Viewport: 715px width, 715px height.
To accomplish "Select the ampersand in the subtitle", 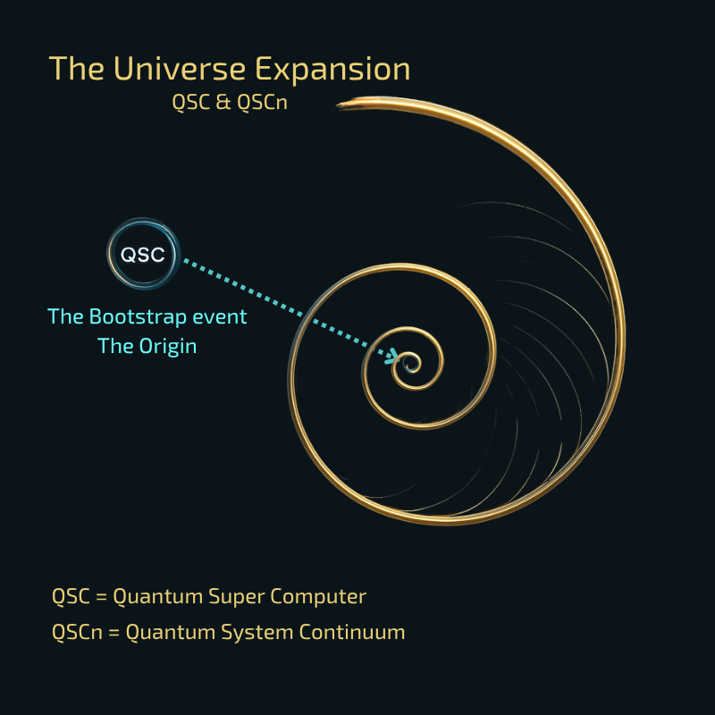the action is point(223,102).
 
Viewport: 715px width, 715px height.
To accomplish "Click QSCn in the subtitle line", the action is point(262,102).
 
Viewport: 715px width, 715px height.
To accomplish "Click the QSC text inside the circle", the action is point(143,255).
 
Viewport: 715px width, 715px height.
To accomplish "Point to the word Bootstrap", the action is point(138,316).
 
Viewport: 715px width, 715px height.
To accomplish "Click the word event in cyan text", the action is point(220,317).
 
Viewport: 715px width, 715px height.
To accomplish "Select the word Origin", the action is point(168,346).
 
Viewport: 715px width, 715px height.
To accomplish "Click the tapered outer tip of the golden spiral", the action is point(339,105).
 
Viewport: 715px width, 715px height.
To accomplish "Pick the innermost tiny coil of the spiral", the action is point(410,365).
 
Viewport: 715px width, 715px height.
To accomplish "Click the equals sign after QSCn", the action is point(114,633).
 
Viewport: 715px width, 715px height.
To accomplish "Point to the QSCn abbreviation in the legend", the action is point(77,633).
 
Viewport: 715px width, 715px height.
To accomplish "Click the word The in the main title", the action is point(77,69).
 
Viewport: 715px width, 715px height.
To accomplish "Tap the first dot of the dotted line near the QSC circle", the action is point(186,261).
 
